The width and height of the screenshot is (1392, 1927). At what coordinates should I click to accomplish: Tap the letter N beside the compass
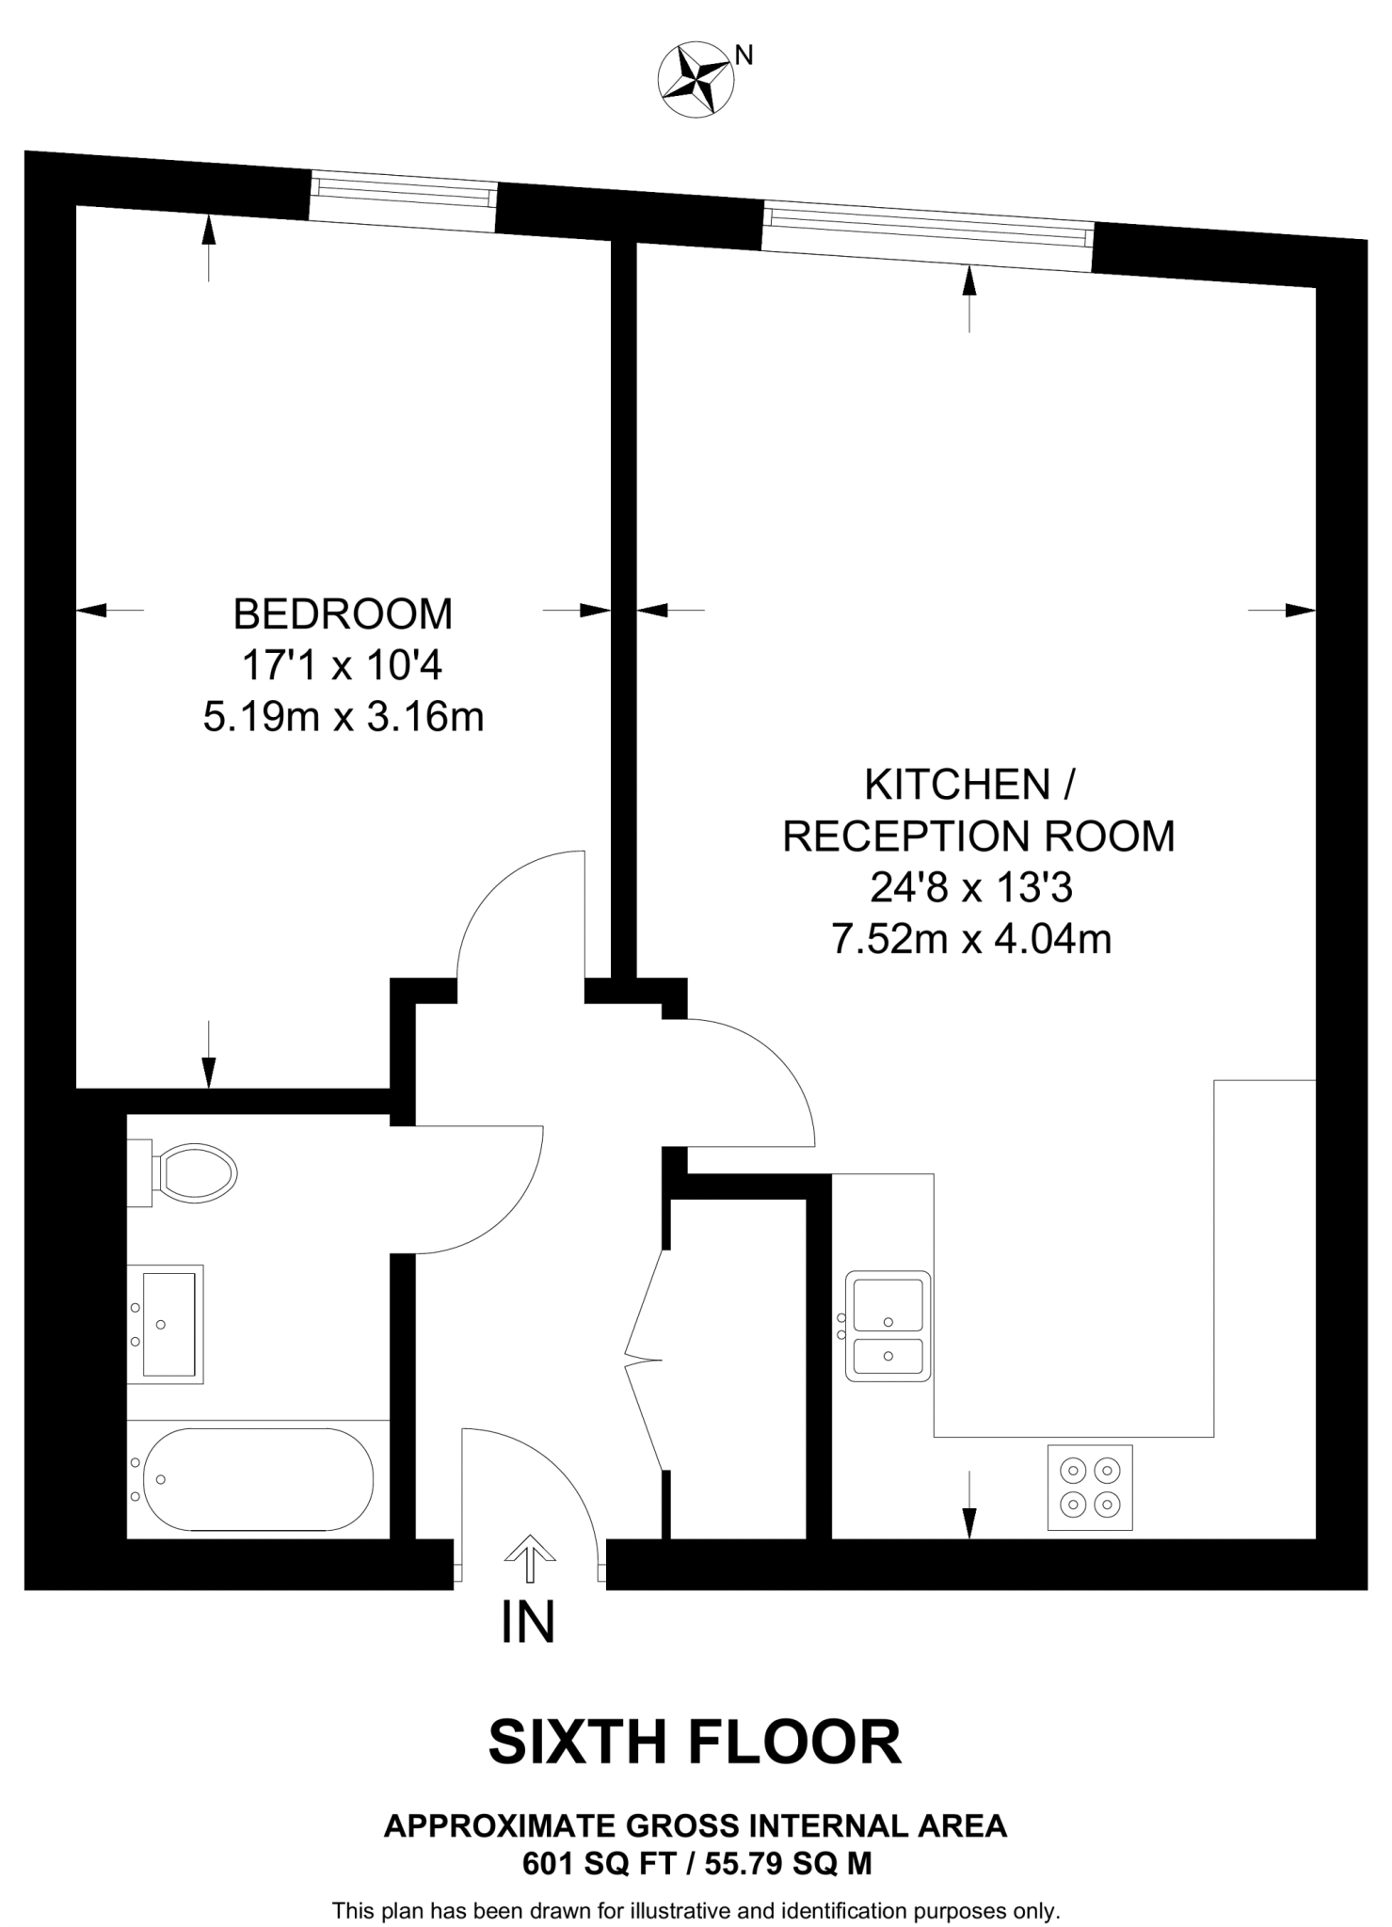(744, 56)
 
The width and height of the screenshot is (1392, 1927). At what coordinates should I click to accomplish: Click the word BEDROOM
(343, 614)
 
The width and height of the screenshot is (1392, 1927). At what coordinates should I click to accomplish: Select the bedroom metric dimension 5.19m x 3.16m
(343, 718)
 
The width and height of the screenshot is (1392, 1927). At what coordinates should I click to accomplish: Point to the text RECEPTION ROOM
(979, 836)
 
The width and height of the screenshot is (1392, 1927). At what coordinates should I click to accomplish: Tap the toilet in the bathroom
(192, 1172)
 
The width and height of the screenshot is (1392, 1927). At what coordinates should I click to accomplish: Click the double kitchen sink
(888, 1326)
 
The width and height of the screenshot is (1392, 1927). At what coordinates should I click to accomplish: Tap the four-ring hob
(1090, 1488)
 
